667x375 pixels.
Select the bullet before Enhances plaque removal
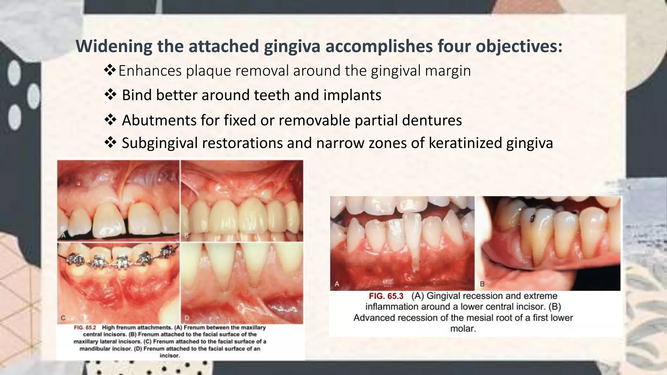click(110, 70)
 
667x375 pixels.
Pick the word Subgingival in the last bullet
click(160, 143)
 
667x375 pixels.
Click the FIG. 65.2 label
click(85, 327)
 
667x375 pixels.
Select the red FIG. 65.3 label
click(386, 296)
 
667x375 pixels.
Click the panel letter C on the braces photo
click(63, 318)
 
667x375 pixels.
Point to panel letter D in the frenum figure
click(187, 318)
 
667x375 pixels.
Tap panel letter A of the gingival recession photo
click(337, 284)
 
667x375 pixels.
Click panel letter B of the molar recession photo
click(482, 284)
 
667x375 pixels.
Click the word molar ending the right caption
click(463, 328)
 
